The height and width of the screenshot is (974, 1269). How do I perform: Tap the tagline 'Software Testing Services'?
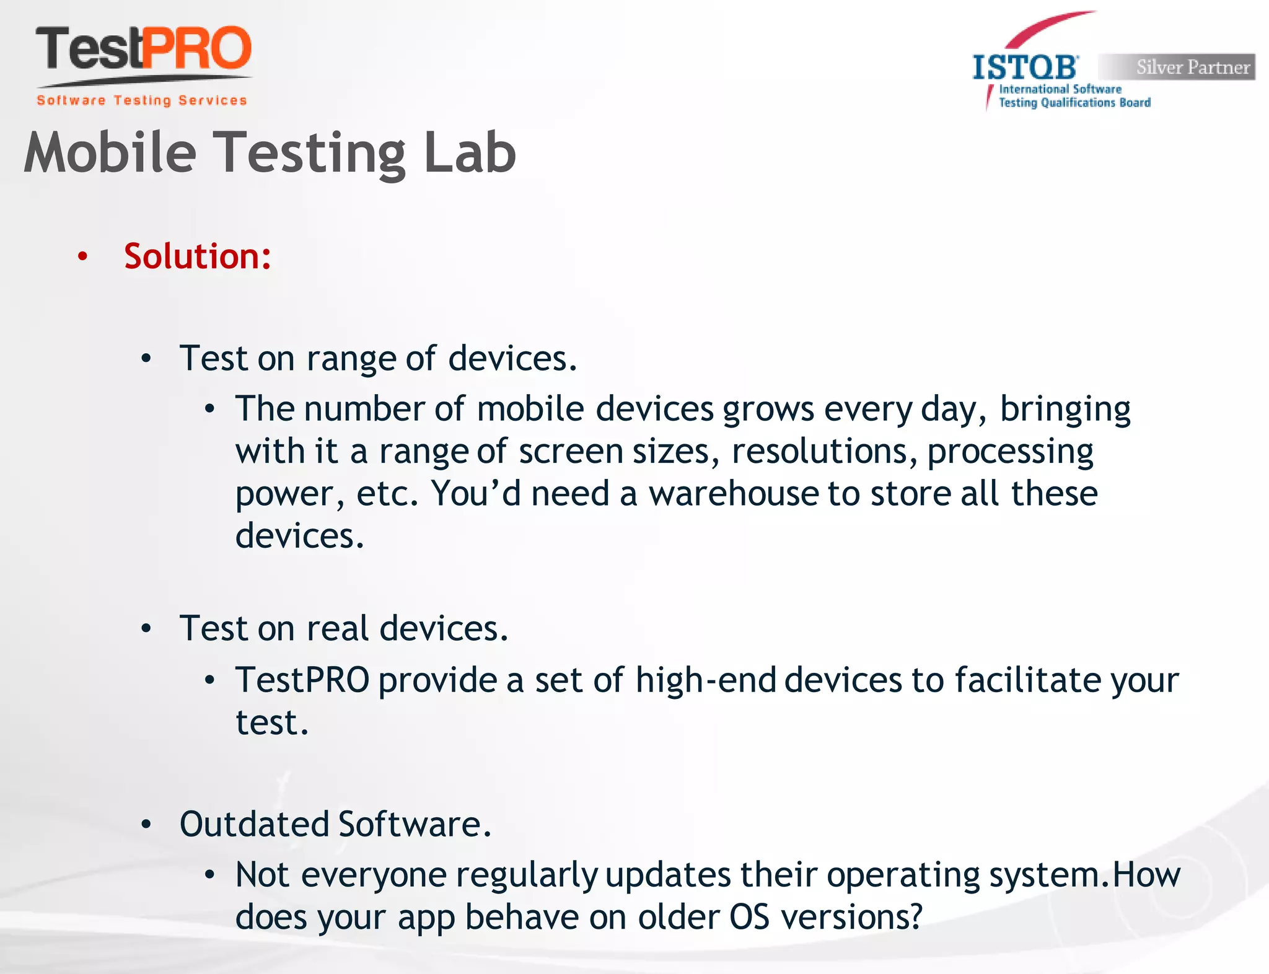(142, 100)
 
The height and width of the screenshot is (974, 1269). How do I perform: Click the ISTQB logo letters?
(1025, 68)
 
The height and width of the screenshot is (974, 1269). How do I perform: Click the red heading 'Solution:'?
(198, 256)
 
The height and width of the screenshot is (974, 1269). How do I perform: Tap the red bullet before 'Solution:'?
(82, 257)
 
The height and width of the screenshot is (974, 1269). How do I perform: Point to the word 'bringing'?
(1065, 410)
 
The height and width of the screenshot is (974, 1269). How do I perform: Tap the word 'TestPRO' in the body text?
(302, 680)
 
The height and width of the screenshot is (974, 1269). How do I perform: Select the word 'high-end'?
(706, 680)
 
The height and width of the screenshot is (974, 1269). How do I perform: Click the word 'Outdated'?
(254, 824)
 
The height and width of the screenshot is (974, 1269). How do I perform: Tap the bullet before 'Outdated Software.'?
(146, 825)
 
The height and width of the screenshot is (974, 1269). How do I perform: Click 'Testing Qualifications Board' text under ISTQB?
(1074, 103)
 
